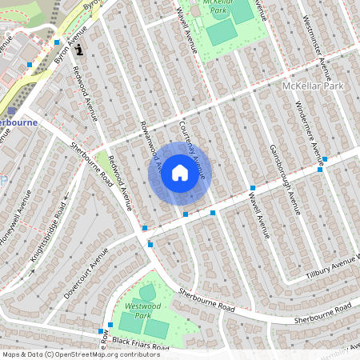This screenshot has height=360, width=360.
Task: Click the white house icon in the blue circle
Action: (x=180, y=173)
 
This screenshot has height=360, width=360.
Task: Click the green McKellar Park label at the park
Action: (x=226, y=6)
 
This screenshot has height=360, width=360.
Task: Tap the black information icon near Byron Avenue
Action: (x=78, y=50)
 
